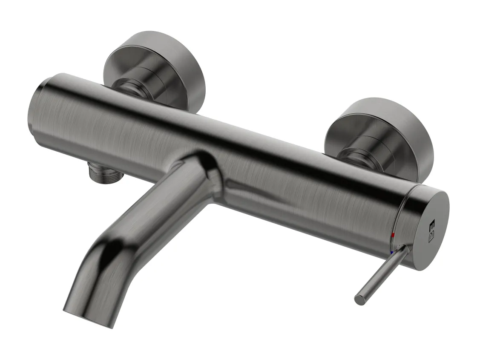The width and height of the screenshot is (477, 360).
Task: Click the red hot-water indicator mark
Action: [393, 235]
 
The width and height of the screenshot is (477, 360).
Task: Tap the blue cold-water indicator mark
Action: [391, 253]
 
